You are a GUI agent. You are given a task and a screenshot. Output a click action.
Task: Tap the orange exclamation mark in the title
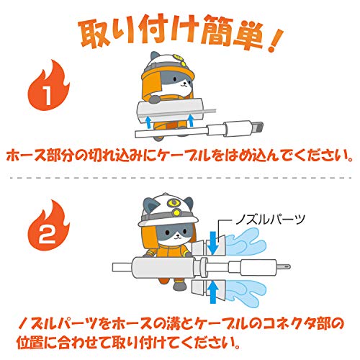tap(274, 40)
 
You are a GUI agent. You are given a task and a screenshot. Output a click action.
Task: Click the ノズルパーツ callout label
tap(270, 220)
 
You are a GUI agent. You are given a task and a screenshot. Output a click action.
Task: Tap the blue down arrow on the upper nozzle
tap(213, 243)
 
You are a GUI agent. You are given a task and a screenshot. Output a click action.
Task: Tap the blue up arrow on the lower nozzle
tap(213, 293)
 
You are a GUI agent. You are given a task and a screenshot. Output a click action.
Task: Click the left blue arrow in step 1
tap(149, 122)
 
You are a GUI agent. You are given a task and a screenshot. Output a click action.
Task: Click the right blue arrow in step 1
tap(191, 120)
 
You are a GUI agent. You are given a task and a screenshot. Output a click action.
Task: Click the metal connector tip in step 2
tap(284, 266)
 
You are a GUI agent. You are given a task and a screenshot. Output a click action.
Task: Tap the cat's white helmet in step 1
tap(168, 63)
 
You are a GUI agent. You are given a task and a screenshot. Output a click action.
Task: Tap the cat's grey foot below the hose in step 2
tap(179, 285)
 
